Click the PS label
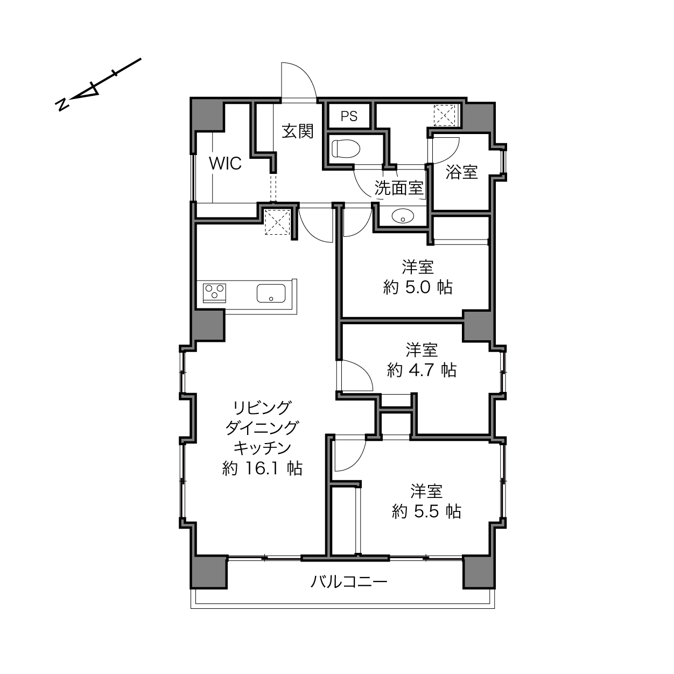(349, 116)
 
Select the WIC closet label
(225, 163)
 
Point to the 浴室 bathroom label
(461, 172)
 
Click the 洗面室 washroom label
(399, 188)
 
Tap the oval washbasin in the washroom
(403, 216)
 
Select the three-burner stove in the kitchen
(214, 293)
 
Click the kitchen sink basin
(271, 293)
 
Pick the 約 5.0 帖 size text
(418, 287)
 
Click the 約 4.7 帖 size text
(422, 370)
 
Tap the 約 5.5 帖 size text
(426, 512)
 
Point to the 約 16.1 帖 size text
(262, 468)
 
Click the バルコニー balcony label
(349, 581)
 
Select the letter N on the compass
(62, 104)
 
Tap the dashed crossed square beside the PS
(444, 115)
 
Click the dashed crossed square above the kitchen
(277, 222)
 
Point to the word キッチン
(262, 448)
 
